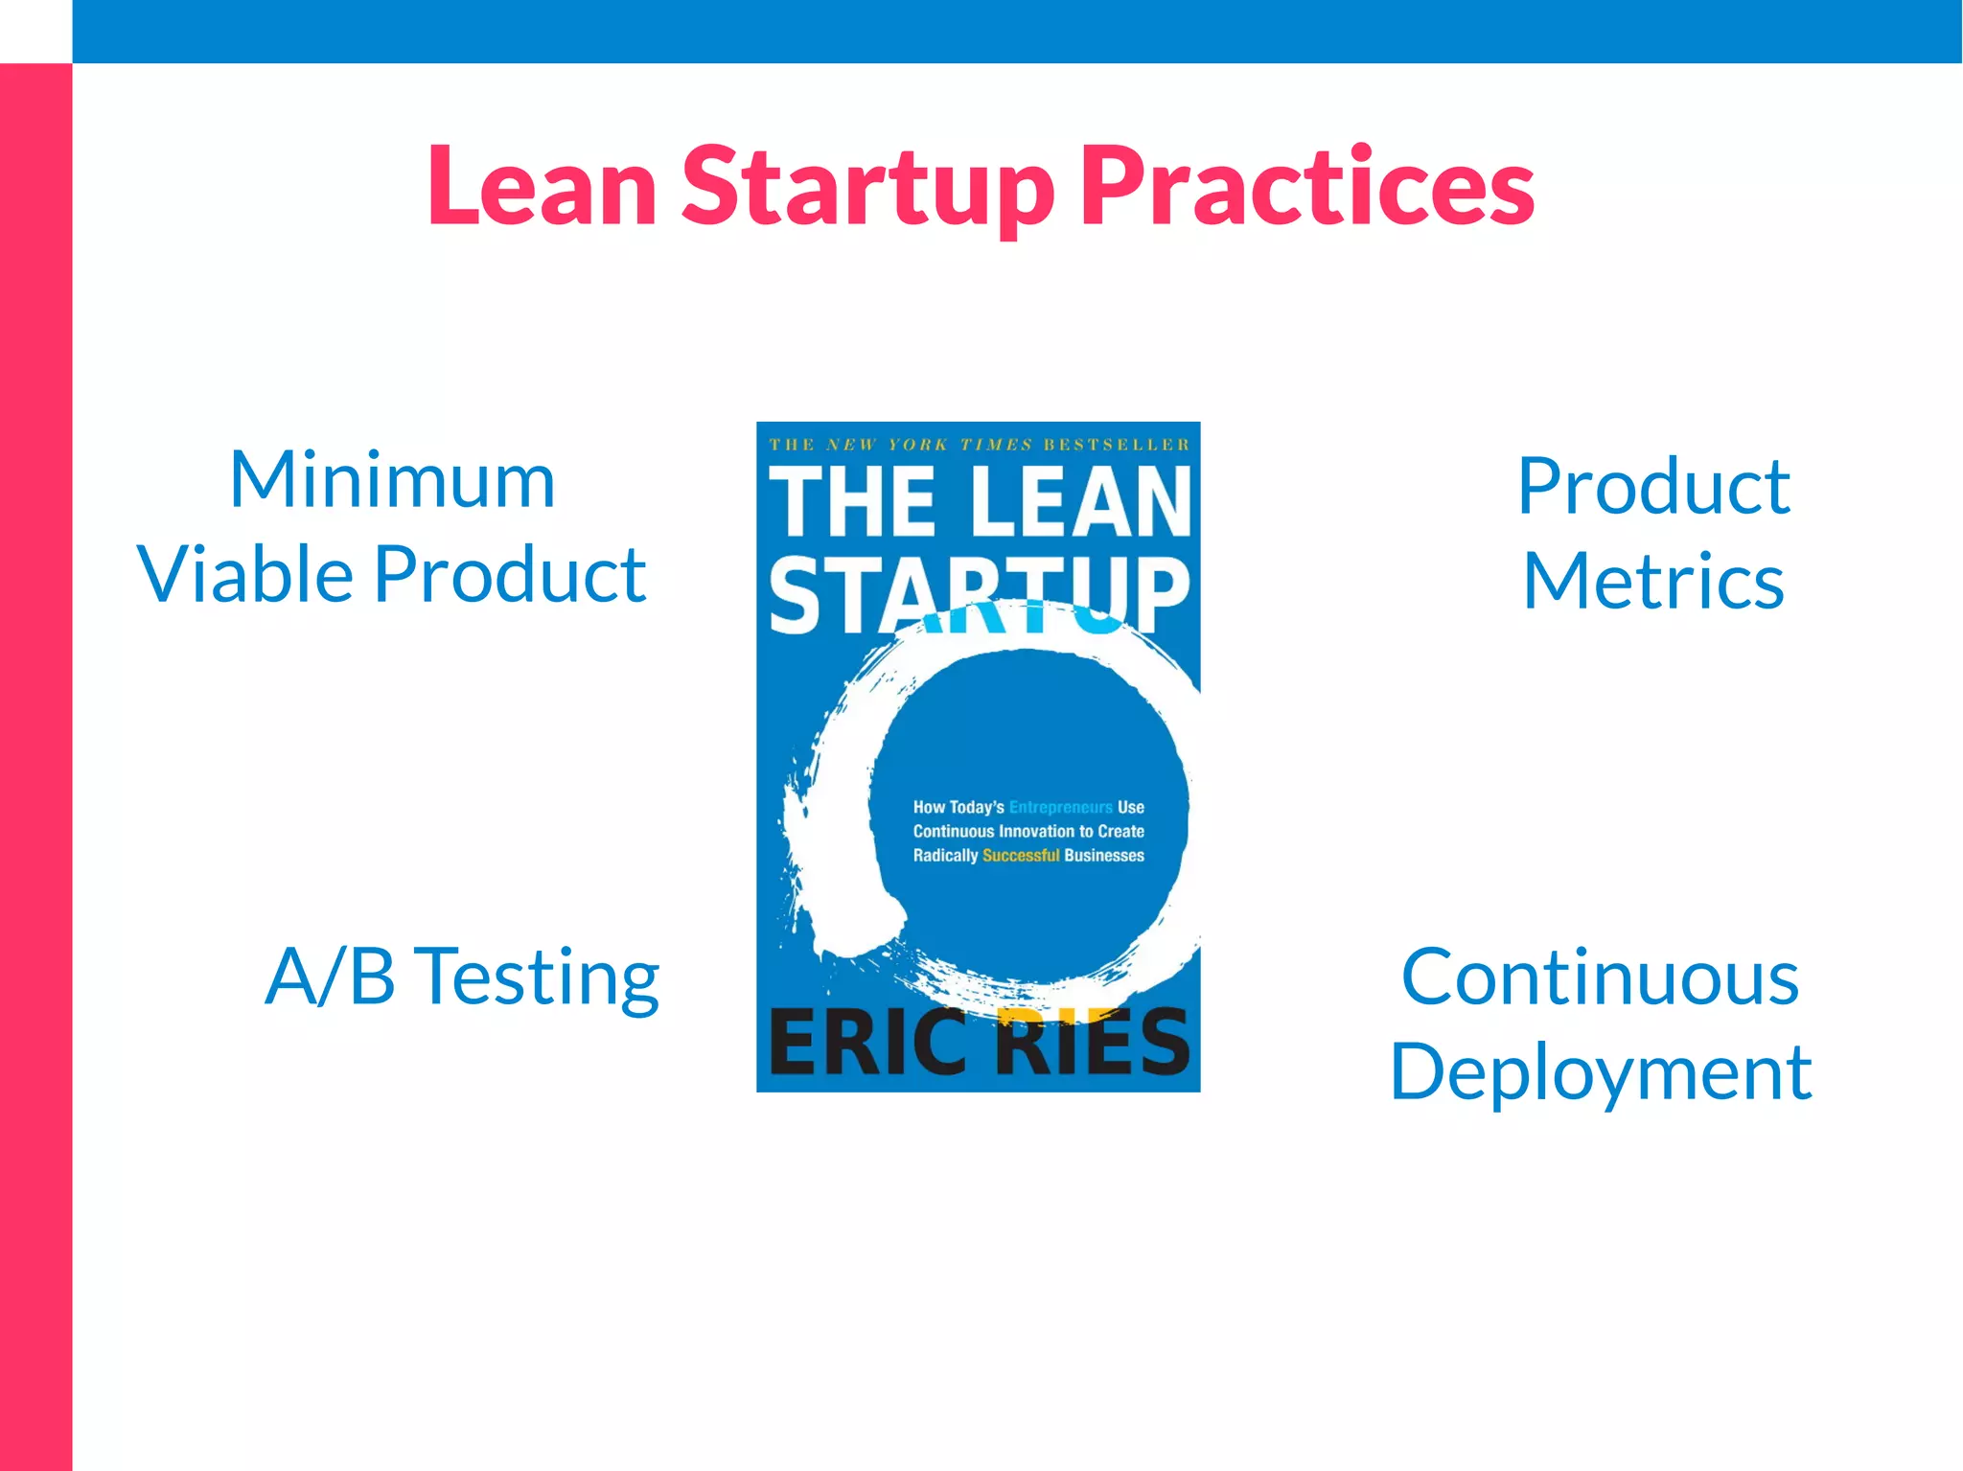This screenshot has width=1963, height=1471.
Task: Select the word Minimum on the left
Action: [x=392, y=480]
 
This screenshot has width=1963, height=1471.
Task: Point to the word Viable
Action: [x=245, y=575]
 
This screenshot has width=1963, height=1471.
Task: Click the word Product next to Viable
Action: [x=510, y=575]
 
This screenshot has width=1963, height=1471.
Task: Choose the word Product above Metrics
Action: [x=1653, y=487]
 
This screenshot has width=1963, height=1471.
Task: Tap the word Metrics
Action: [x=1653, y=582]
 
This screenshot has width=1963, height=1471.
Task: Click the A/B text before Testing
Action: [x=330, y=977]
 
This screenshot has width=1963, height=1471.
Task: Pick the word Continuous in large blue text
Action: [x=1600, y=977]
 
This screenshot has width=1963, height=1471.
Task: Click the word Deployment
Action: [x=1600, y=1073]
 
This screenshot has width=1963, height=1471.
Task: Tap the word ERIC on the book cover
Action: [x=867, y=1043]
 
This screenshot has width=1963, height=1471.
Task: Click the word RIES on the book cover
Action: [x=1093, y=1043]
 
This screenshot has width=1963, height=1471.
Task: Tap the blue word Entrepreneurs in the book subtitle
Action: [x=1060, y=808]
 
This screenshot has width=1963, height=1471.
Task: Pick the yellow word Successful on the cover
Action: [x=1021, y=855]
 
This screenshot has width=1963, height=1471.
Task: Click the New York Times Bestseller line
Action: [x=979, y=445]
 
